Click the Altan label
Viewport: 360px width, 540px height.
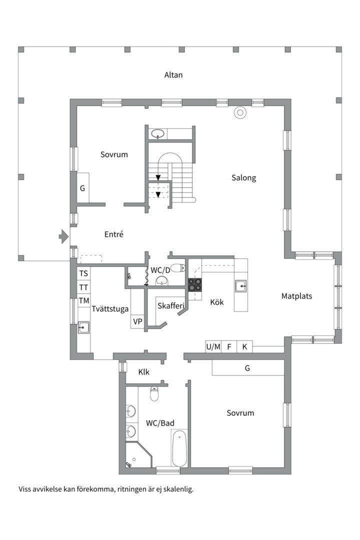point(173,74)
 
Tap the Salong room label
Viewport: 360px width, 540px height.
point(243,178)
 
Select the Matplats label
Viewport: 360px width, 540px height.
point(296,296)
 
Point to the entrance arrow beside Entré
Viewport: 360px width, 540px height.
point(63,236)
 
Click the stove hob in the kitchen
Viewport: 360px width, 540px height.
point(194,285)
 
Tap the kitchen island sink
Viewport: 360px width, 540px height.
point(241,286)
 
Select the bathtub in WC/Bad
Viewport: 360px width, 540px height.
point(179,447)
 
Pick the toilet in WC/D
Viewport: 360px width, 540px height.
point(178,267)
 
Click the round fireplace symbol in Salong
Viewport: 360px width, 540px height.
point(240,112)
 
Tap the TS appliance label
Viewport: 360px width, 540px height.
point(83,273)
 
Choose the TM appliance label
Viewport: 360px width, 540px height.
point(83,300)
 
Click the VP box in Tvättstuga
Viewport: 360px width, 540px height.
point(137,321)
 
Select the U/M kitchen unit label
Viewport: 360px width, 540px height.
point(213,347)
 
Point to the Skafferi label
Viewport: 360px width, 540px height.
point(171,305)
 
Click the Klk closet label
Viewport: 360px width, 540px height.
point(143,372)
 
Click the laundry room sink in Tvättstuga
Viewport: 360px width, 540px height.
point(83,327)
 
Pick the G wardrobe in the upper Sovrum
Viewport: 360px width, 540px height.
point(82,188)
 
